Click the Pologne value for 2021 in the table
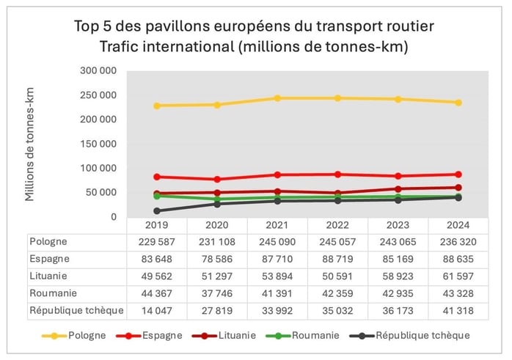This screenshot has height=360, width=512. [x=277, y=240]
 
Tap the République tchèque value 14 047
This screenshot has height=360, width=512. [x=156, y=311]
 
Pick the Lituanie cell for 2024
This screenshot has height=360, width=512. [x=458, y=276]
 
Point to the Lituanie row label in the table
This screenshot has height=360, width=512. [x=49, y=276]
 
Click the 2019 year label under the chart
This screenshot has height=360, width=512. [x=156, y=225]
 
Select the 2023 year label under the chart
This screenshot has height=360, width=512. [x=398, y=225]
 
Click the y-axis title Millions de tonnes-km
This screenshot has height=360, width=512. [x=30, y=144]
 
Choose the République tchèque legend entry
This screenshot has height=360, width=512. [x=423, y=335]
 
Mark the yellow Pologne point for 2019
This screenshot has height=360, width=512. [x=157, y=106]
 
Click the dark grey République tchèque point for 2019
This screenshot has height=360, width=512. [x=157, y=210]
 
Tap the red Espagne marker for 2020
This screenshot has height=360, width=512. [x=217, y=179]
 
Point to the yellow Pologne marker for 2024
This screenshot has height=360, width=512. [x=458, y=103]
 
